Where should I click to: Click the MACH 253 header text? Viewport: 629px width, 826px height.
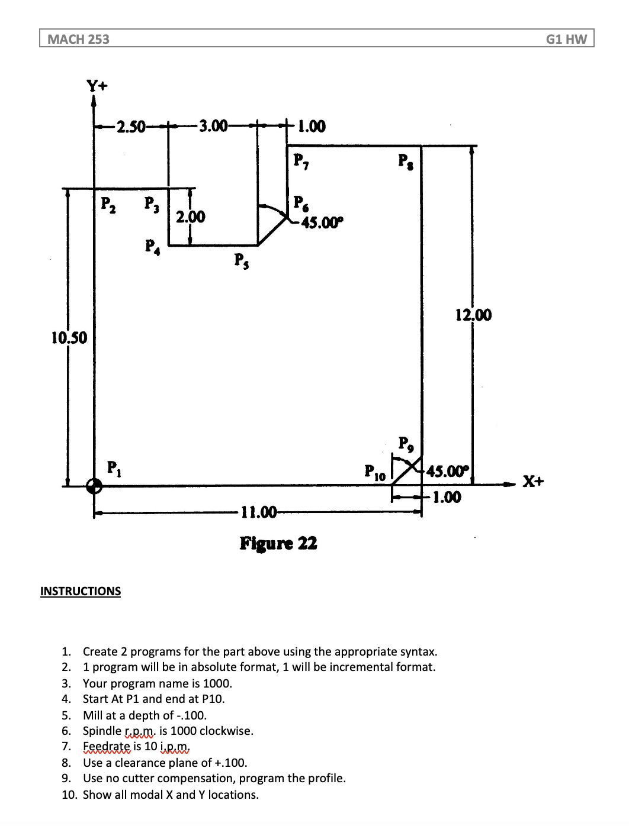point(78,39)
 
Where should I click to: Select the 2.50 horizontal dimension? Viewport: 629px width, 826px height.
point(131,127)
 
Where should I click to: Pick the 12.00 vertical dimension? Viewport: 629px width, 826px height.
point(473,315)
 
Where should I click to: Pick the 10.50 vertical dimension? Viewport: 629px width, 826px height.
point(69,338)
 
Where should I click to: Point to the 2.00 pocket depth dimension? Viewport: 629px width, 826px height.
point(191,217)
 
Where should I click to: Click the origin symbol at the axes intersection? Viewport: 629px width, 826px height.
point(94,486)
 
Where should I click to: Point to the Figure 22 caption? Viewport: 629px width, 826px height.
point(278,543)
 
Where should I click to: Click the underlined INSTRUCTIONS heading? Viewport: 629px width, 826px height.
point(81,591)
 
